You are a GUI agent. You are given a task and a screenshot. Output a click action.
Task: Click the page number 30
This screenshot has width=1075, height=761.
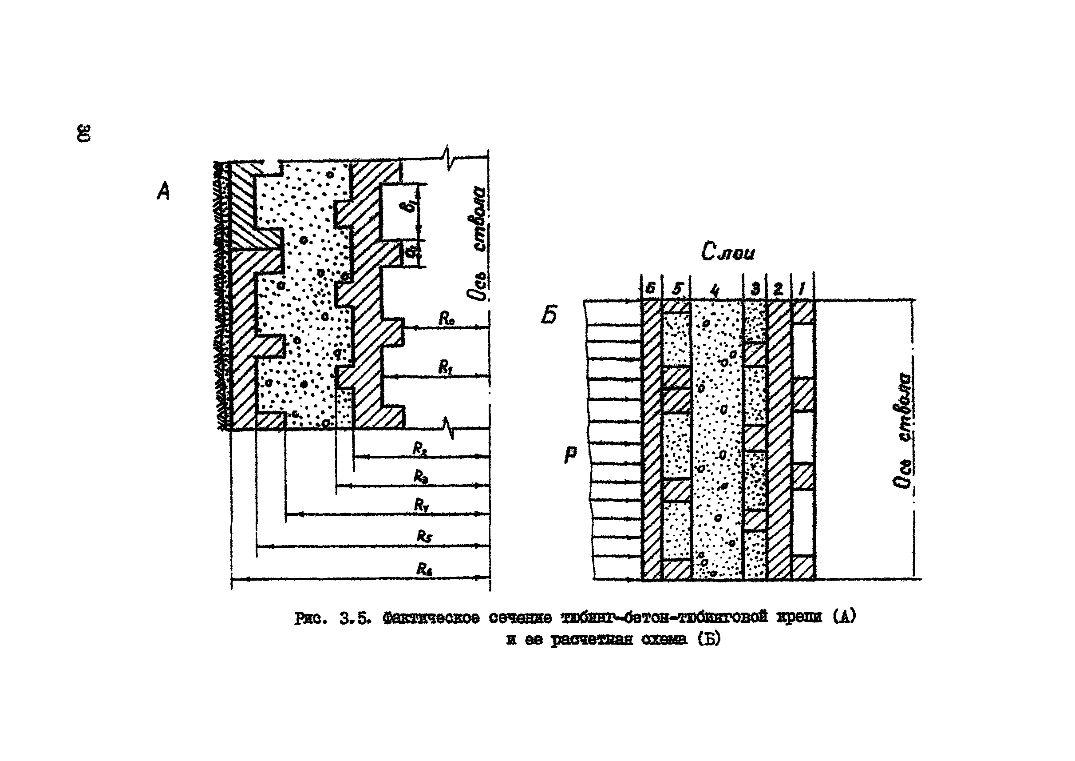click(x=84, y=133)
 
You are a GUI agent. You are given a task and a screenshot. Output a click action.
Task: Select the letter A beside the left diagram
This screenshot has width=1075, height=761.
click(x=163, y=191)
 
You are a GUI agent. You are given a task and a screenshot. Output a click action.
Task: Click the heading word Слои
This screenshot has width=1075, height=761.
click(x=727, y=253)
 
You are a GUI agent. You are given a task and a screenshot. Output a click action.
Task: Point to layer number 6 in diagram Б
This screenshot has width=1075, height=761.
click(x=650, y=289)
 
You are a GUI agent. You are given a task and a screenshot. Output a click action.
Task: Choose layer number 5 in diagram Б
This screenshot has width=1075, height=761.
click(x=676, y=289)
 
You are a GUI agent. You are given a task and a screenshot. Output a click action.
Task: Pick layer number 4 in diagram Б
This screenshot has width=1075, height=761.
click(x=715, y=291)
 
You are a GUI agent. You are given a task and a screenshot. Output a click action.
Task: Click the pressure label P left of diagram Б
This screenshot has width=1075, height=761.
click(x=571, y=454)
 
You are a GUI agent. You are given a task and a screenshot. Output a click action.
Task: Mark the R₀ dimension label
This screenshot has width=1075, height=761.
click(x=446, y=319)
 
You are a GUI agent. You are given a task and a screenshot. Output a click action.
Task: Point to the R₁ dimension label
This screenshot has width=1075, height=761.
click(x=445, y=368)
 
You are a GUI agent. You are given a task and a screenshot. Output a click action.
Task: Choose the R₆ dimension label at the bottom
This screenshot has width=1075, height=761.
click(x=424, y=570)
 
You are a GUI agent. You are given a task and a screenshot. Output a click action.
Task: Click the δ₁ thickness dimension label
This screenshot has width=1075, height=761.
click(x=411, y=206)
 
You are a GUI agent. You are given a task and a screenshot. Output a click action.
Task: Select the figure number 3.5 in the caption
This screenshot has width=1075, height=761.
click(x=355, y=618)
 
